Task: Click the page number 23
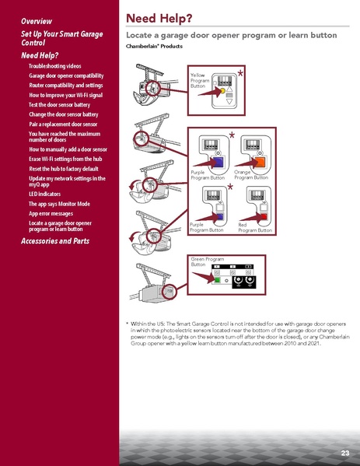(x=344, y=453)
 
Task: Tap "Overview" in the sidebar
(x=37, y=19)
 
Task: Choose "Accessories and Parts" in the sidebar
(x=55, y=241)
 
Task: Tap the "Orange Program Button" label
(x=251, y=176)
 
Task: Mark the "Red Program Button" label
(x=255, y=228)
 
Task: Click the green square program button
(x=218, y=278)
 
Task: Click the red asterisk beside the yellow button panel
(x=240, y=74)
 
